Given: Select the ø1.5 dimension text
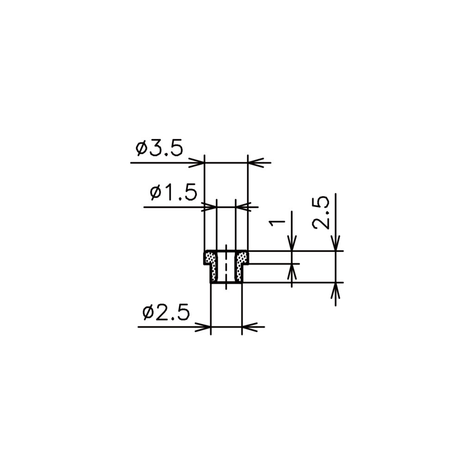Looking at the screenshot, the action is [x=173, y=193].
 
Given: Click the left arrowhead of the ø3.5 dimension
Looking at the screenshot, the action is [x=197, y=162].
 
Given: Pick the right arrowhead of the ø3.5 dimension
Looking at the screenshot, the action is [x=256, y=162].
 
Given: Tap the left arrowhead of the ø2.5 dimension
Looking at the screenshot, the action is [x=203, y=327].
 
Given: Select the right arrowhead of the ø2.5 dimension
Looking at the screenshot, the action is [x=249, y=327].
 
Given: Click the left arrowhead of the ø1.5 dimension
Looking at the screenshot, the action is [x=209, y=207].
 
